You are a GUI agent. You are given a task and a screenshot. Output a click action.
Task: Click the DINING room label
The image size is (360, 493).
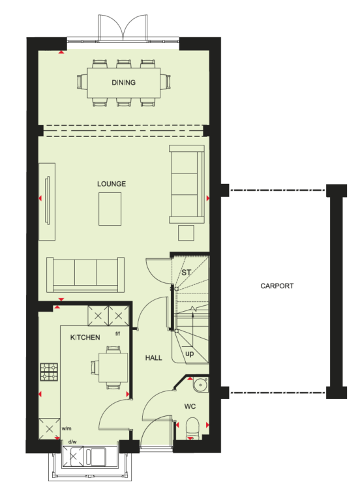(x=123, y=82)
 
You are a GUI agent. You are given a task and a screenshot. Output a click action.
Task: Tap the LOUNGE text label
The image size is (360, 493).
(x=112, y=184)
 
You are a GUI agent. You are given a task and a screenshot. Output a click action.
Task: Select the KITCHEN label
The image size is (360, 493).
(x=85, y=337)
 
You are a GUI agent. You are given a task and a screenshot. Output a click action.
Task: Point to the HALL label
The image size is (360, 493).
(x=153, y=357)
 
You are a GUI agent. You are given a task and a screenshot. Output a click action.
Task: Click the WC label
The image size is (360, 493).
(x=190, y=406)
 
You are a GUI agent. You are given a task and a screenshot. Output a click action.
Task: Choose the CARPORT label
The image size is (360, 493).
(x=277, y=286)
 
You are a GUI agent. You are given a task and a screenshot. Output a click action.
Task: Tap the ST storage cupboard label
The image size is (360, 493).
(x=186, y=273)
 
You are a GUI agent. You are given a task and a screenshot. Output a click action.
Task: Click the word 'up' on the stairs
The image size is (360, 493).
(x=189, y=353)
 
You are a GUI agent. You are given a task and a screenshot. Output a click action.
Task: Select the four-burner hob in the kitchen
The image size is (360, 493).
(x=49, y=372)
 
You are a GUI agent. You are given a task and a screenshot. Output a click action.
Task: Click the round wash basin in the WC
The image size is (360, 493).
(x=200, y=384)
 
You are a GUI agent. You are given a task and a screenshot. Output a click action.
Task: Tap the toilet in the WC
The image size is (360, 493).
(x=192, y=428)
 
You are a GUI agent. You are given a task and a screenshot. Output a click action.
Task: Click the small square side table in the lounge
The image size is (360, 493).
(x=186, y=233)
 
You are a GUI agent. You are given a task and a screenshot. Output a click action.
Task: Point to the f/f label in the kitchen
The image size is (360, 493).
(x=117, y=334)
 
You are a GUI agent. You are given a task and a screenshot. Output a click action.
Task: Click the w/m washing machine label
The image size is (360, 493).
(x=67, y=428)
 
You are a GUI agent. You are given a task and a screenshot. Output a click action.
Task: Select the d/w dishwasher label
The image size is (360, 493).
(x=72, y=441)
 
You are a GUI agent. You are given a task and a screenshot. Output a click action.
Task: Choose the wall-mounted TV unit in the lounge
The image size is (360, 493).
(x=47, y=202)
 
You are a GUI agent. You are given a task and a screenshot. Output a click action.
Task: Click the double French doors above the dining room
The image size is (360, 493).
(x=123, y=27)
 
